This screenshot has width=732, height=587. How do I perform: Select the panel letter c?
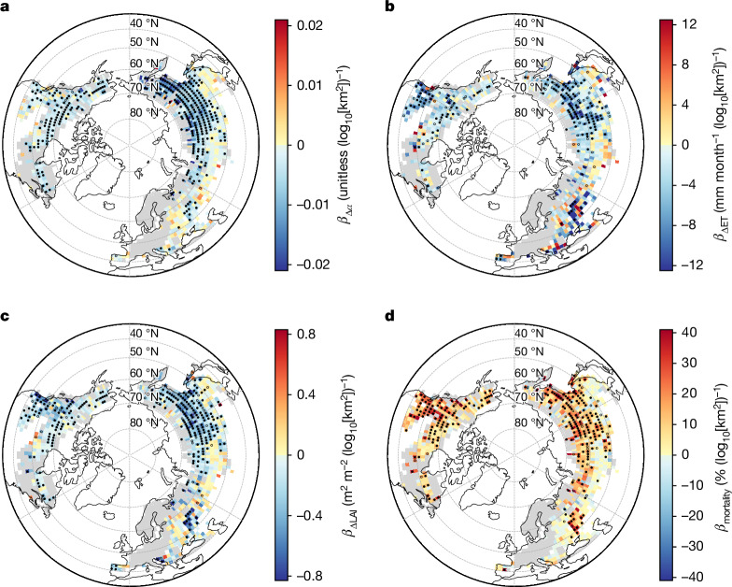click(x=5, y=317)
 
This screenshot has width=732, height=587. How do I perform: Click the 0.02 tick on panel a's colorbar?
click(x=310, y=24)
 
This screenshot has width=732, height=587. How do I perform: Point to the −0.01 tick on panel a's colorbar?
click(x=306, y=206)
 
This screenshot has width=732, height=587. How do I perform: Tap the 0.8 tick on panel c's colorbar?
click(x=306, y=335)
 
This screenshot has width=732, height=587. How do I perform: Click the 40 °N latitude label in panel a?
click(x=144, y=22)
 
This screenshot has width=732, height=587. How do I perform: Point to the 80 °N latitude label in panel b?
click(x=528, y=112)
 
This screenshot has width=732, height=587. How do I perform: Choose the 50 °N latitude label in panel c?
click(x=144, y=351)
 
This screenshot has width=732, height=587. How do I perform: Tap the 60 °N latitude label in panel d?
click(x=528, y=373)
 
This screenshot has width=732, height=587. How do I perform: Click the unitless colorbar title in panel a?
click(x=345, y=144)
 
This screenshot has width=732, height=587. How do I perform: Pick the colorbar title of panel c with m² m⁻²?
click(x=345, y=454)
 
